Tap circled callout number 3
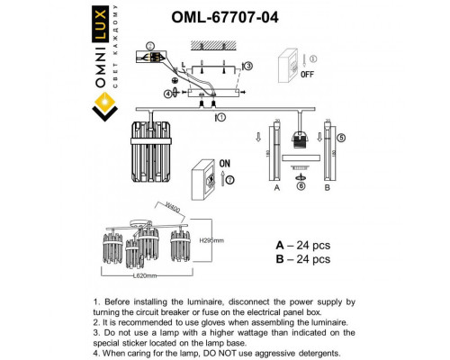(x=247, y=66)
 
